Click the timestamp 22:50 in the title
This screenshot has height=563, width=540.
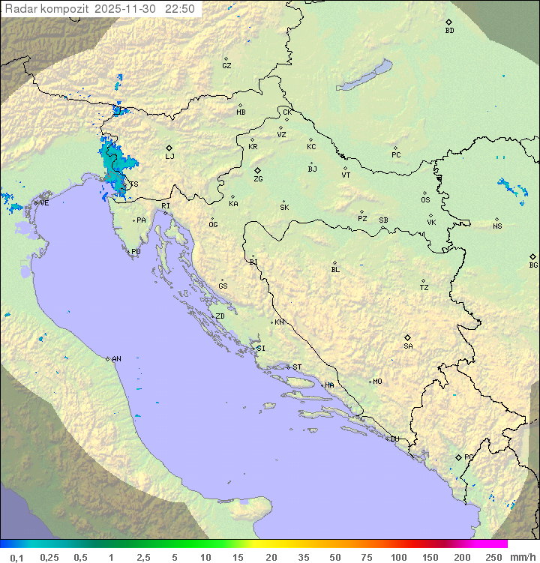coord(181,9)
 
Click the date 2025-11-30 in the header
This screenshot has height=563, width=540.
coord(130,9)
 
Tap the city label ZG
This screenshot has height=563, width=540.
coord(258,179)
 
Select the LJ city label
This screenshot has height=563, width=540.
coord(169,157)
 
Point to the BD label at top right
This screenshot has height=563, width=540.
coord(449,31)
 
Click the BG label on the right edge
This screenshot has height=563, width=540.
coord(533,265)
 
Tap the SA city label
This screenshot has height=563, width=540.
coord(408,346)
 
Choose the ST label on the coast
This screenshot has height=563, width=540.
coord(297,367)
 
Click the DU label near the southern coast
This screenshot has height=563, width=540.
coord(394,439)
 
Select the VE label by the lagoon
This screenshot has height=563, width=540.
coord(44,203)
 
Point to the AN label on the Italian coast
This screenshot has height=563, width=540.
coord(116,359)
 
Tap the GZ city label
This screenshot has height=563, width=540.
coord(226,66)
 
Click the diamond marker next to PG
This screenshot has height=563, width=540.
coord(458,457)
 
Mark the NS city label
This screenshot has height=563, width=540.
coord(497,226)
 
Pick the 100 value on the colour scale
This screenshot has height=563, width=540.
coord(398,557)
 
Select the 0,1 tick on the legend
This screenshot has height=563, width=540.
coord(16,557)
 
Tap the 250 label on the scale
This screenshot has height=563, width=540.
coord(493,557)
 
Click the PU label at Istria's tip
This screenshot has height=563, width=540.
coord(136,252)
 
